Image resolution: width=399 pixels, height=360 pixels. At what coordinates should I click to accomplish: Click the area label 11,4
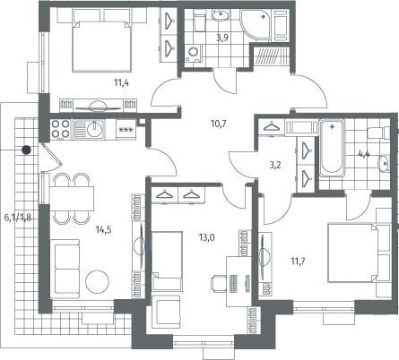point(121,82)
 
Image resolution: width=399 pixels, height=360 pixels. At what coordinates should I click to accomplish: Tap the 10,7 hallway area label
point(218,124)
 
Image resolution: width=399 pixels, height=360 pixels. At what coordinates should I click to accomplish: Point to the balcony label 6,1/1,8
point(18,218)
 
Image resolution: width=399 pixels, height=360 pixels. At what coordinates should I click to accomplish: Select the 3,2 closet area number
point(275,165)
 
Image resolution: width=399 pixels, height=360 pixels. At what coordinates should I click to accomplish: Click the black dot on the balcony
point(27,150)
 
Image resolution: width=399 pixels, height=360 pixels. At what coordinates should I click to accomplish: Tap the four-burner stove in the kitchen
point(61,129)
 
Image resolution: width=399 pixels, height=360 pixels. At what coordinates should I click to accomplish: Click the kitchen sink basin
point(95,129)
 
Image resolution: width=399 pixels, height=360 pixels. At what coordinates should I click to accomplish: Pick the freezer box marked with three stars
point(126,130)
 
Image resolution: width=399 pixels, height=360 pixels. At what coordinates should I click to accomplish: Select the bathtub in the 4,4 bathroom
point(332,149)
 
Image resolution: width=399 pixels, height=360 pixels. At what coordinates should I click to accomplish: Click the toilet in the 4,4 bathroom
point(378,133)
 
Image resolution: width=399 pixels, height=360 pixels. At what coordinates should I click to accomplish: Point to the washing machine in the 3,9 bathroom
point(193,53)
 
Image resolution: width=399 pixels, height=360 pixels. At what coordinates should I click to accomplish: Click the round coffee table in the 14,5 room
point(98,282)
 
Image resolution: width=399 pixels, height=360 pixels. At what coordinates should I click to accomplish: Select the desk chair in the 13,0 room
point(219,282)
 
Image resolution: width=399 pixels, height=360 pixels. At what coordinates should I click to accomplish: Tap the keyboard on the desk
point(233,283)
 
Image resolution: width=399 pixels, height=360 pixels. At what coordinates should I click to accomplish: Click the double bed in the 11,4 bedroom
point(102,46)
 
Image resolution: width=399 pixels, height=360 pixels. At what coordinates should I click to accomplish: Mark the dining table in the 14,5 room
point(72,198)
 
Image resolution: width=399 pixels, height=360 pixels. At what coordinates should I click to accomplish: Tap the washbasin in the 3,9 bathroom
point(221,15)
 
